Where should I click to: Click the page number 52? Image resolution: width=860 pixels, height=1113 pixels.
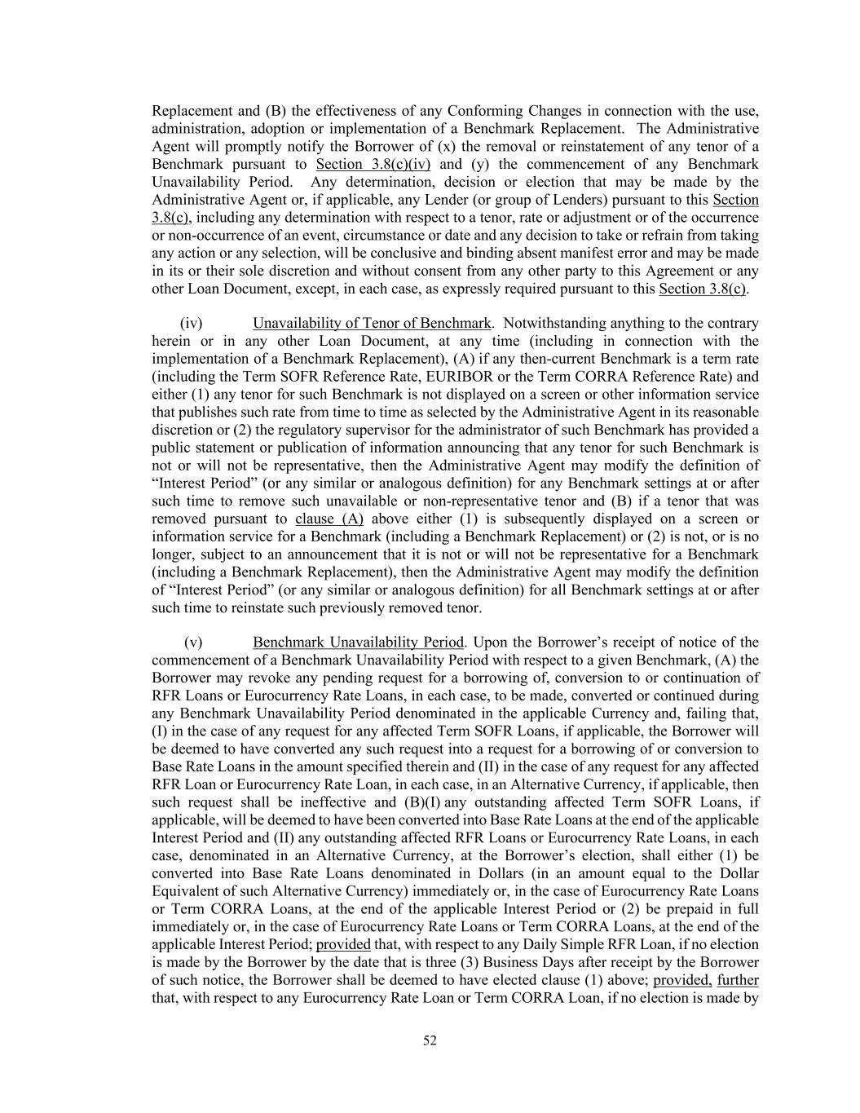coord(430,1040)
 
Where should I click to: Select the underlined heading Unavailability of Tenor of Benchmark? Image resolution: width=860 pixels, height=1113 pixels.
coord(372,323)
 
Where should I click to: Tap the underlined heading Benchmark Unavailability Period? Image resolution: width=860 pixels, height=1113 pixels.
coord(358,643)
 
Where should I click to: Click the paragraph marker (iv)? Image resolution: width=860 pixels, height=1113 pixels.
coord(191,323)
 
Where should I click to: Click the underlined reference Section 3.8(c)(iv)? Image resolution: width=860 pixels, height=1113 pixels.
coord(373,164)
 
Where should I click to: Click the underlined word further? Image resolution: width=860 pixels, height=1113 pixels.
coord(738,980)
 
